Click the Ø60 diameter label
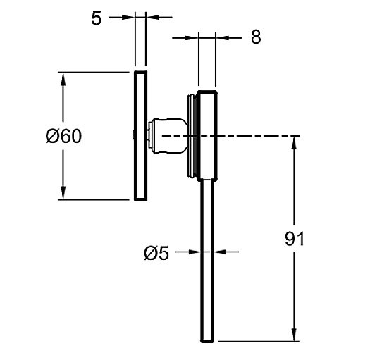(x=63, y=136)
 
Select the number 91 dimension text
(x=295, y=239)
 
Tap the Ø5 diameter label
(x=156, y=253)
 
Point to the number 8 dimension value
(x=256, y=37)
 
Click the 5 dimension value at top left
(x=97, y=18)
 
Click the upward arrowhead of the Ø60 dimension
(x=63, y=80)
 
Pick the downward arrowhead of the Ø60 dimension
(x=63, y=192)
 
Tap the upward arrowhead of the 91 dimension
(x=294, y=143)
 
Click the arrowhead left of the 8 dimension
(x=192, y=38)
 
